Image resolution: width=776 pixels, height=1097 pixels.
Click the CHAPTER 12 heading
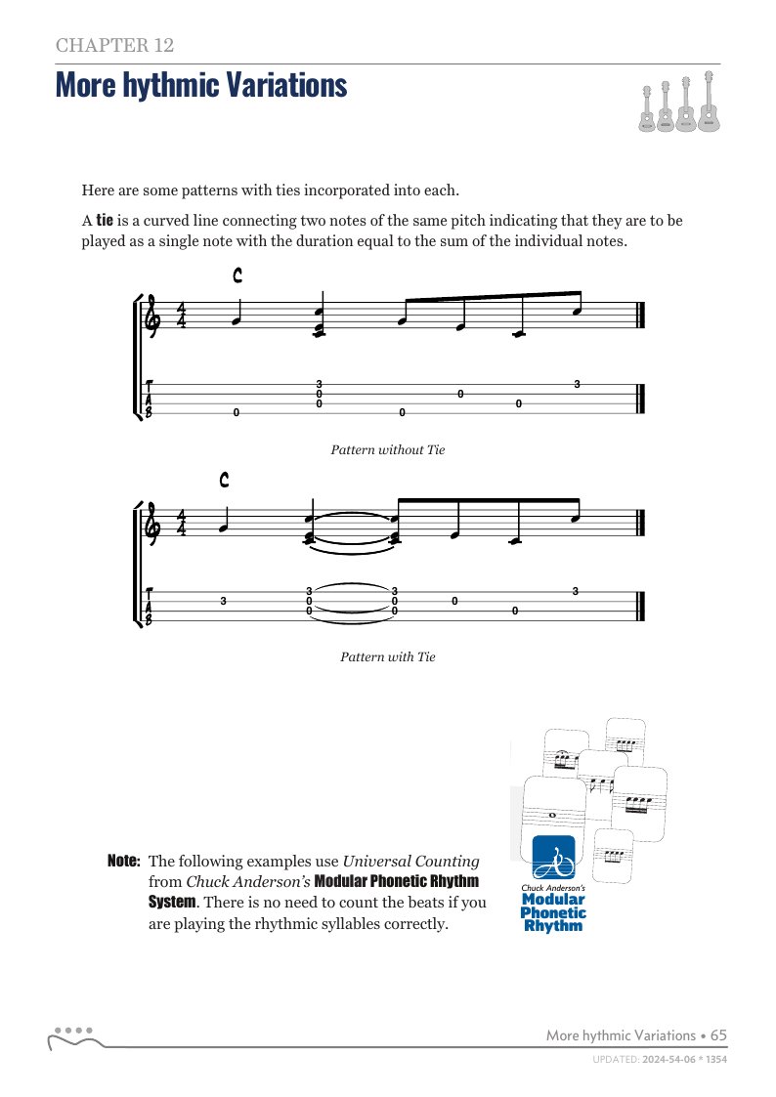tap(115, 45)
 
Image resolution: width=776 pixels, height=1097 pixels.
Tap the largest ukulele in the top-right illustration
tap(709, 104)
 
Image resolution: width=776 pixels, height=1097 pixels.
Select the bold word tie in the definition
tap(105, 221)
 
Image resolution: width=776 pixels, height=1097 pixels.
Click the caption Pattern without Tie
tap(388, 450)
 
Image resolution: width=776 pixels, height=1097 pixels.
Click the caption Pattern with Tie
tap(388, 657)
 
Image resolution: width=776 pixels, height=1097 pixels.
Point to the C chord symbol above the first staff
tap(237, 276)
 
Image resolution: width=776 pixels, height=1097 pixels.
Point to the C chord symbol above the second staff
tap(225, 480)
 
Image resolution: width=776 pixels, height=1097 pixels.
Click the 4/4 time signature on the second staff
tap(182, 523)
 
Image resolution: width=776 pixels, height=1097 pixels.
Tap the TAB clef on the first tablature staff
tap(149, 400)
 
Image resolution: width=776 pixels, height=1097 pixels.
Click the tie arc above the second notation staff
tap(352, 513)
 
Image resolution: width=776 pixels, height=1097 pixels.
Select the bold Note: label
tap(124, 862)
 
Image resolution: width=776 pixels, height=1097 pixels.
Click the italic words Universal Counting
tap(410, 862)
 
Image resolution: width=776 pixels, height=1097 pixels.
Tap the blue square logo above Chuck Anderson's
tap(553, 857)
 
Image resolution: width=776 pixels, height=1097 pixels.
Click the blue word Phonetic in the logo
tap(553, 913)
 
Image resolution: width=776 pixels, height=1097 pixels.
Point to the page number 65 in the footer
tap(718, 1035)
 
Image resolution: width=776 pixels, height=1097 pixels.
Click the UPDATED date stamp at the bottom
tap(661, 1059)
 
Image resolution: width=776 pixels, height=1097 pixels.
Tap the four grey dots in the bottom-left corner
tap(73, 1030)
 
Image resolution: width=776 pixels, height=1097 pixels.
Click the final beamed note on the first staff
tap(578, 313)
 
